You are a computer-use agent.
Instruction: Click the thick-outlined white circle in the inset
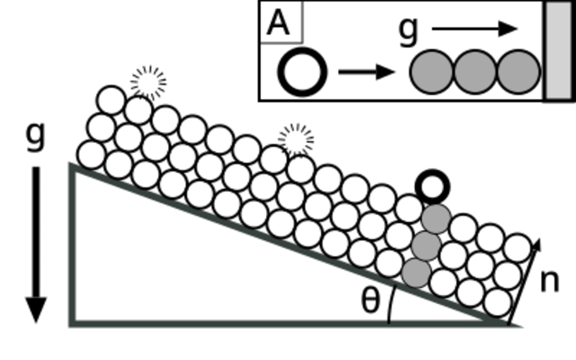pyautogui.click(x=302, y=72)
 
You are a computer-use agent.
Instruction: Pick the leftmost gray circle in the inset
pyautogui.click(x=431, y=72)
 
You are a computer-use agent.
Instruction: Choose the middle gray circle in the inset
pyautogui.click(x=475, y=72)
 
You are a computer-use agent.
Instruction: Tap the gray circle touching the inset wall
pyautogui.click(x=518, y=72)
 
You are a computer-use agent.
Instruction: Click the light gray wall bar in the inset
pyautogui.click(x=558, y=50)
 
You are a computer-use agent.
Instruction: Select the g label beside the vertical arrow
pyautogui.click(x=36, y=135)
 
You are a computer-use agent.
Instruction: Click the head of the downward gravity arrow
pyautogui.click(x=36, y=310)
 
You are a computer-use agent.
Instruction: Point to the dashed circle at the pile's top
pyautogui.click(x=148, y=82)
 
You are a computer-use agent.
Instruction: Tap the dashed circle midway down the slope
pyautogui.click(x=296, y=140)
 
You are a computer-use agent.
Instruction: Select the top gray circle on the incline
pyautogui.click(x=436, y=219)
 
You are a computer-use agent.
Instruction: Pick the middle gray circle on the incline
pyautogui.click(x=426, y=246)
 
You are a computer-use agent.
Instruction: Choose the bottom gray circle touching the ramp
pyautogui.click(x=416, y=273)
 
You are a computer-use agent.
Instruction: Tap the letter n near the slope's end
pyautogui.click(x=550, y=281)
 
